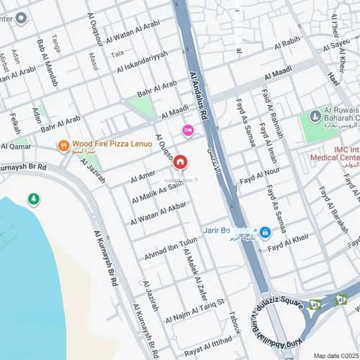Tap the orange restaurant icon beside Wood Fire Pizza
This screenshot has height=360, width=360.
(63, 146)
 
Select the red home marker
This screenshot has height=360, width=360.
(180, 163)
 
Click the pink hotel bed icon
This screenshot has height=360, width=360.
(188, 130)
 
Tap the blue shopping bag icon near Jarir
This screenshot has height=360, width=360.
(265, 233)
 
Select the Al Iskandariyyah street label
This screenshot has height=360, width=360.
(145, 63)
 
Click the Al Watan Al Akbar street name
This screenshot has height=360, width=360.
(158, 213)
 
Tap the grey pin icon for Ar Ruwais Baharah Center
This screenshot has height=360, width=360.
(315, 116)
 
